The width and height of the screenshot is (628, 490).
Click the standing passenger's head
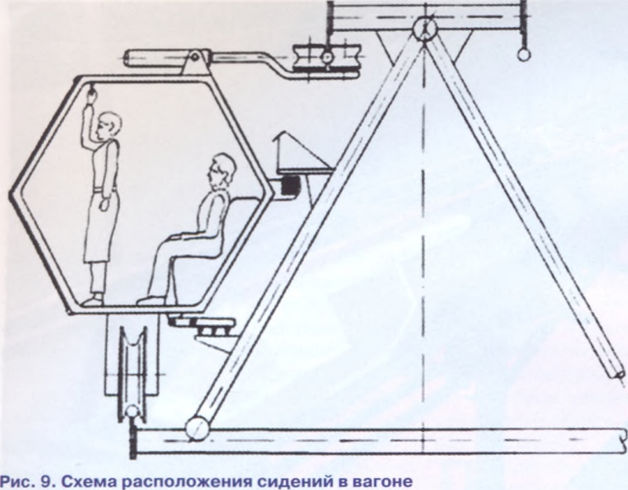[x=108, y=127]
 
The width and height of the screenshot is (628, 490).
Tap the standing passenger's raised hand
[x=91, y=95]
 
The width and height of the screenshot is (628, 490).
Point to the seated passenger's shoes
[x=152, y=300]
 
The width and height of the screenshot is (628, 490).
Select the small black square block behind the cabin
[x=290, y=186]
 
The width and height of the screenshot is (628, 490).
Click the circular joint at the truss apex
[x=425, y=28]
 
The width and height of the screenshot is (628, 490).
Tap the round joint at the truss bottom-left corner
[x=198, y=428]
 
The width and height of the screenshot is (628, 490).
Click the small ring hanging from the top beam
[x=524, y=54]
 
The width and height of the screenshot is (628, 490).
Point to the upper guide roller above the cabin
[x=327, y=57]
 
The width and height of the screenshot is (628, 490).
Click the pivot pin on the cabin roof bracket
[x=194, y=56]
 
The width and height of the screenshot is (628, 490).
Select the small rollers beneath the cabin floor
[x=213, y=328]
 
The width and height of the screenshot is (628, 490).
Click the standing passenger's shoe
[x=93, y=300]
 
